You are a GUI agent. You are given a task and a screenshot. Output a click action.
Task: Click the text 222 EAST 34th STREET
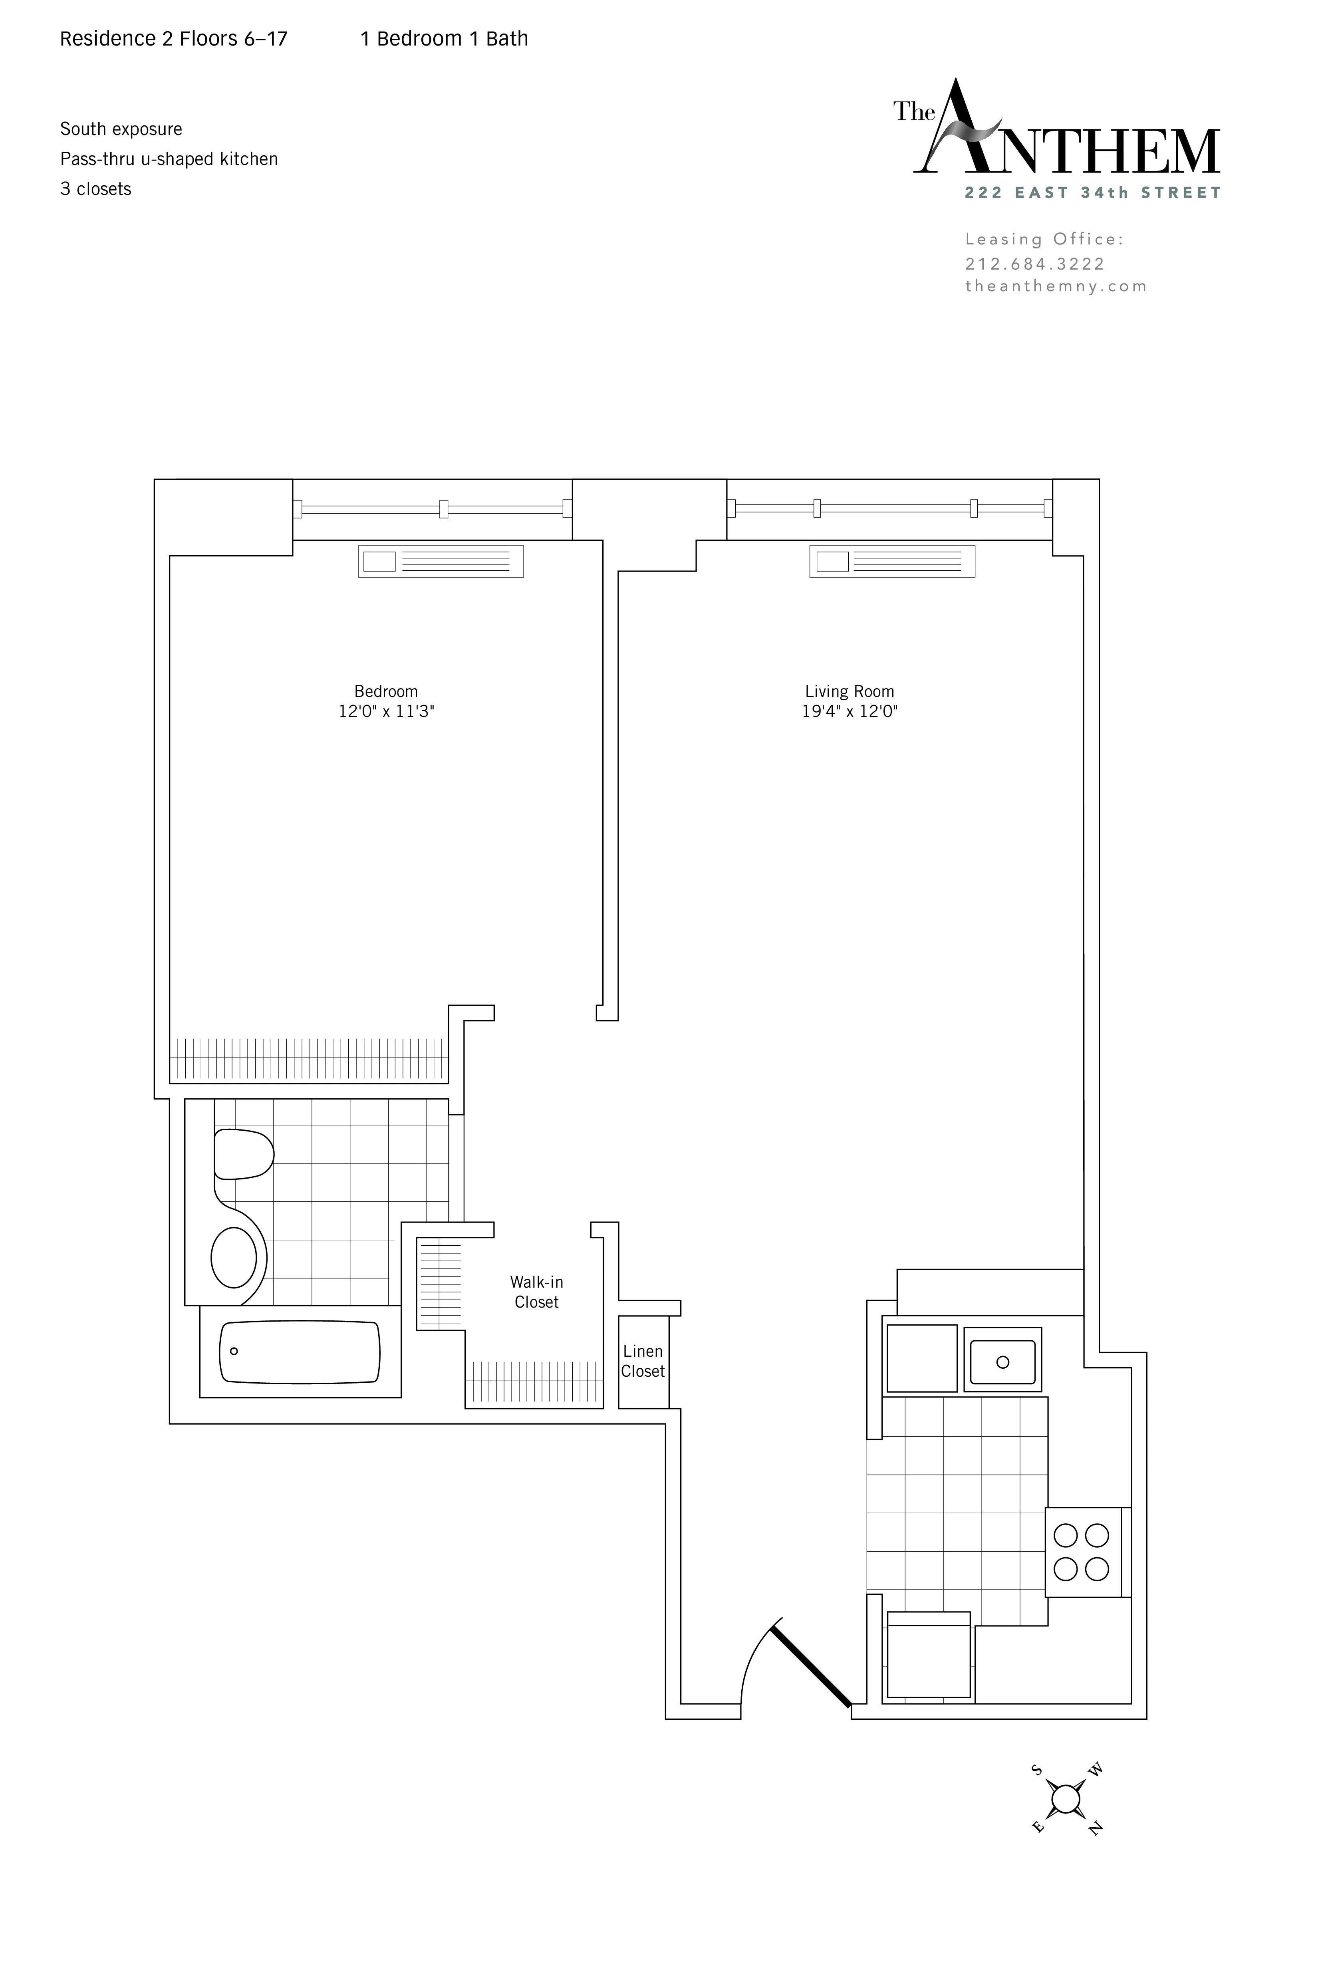coord(1092,193)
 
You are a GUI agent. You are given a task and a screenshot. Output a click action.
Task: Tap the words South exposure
coord(121,129)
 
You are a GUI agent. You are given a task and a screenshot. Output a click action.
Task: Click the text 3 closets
coord(96,189)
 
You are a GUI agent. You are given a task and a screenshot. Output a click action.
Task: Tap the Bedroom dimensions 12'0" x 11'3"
coord(386,711)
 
